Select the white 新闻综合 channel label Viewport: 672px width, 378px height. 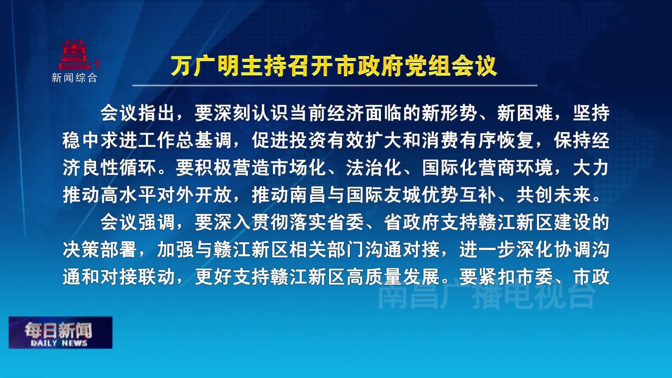[74, 77]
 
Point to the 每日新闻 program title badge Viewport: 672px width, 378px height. [61, 332]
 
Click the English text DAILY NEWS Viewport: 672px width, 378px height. [59, 343]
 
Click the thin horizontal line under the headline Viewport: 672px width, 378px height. [335, 85]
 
